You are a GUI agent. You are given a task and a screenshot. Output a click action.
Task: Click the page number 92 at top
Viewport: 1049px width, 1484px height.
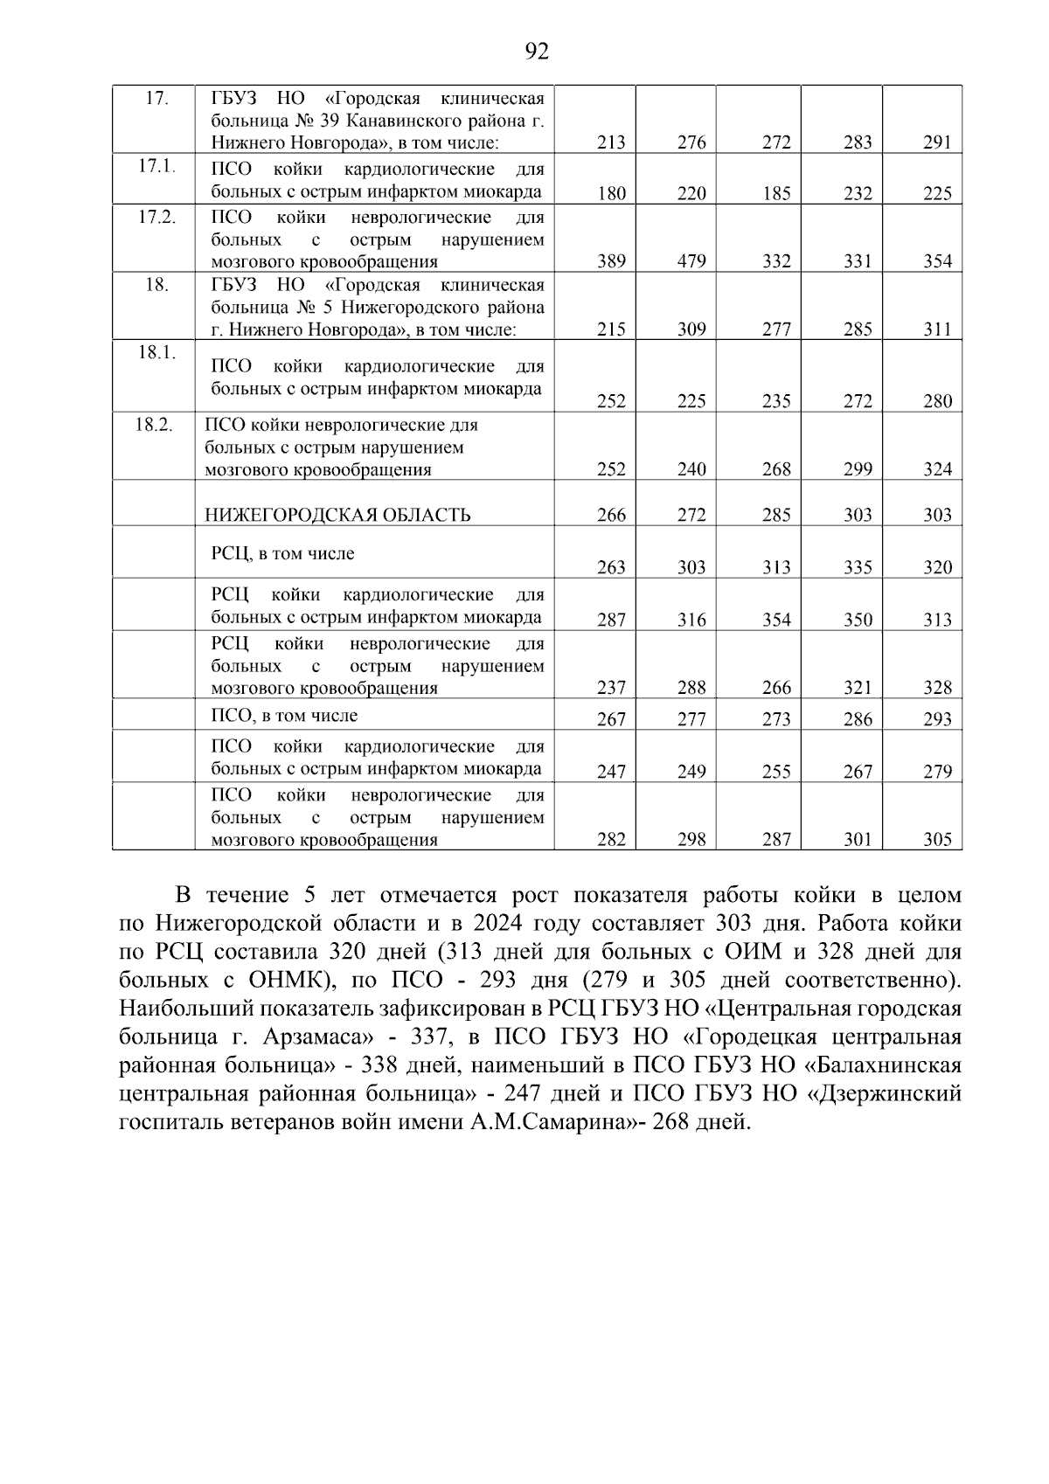[x=537, y=52]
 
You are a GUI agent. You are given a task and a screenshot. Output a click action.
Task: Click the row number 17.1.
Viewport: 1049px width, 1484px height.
[x=157, y=166]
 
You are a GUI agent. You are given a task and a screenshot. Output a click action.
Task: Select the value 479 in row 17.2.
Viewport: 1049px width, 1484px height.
[x=691, y=261]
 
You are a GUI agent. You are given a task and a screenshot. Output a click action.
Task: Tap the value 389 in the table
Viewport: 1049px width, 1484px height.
[x=611, y=261]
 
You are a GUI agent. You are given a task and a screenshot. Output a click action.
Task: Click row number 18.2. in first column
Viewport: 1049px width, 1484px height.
[x=154, y=425]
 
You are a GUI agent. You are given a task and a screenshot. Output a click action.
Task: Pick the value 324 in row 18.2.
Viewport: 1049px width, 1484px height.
[x=937, y=469]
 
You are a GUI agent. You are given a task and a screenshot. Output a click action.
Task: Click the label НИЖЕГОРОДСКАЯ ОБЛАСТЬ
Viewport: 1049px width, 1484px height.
[x=337, y=515]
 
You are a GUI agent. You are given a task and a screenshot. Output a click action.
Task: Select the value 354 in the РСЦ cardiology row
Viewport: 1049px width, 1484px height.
[x=775, y=620]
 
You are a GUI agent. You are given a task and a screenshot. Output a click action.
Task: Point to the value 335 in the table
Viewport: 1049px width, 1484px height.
[x=858, y=567]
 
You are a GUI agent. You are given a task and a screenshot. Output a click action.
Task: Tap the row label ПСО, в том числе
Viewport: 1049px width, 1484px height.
[x=284, y=716]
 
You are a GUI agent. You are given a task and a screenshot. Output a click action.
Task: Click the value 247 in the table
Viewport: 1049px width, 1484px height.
[x=611, y=772]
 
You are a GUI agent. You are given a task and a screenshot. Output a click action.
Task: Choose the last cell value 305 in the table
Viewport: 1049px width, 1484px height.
[x=937, y=840]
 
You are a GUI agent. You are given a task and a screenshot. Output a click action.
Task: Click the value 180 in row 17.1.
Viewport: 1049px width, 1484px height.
[x=611, y=194]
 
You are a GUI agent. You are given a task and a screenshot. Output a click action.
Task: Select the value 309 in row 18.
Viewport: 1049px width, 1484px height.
[x=691, y=329]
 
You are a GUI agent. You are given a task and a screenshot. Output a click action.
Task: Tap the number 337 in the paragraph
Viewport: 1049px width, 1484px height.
[x=430, y=1037]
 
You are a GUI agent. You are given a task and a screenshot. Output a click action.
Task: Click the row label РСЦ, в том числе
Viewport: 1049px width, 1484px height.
[x=282, y=553]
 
